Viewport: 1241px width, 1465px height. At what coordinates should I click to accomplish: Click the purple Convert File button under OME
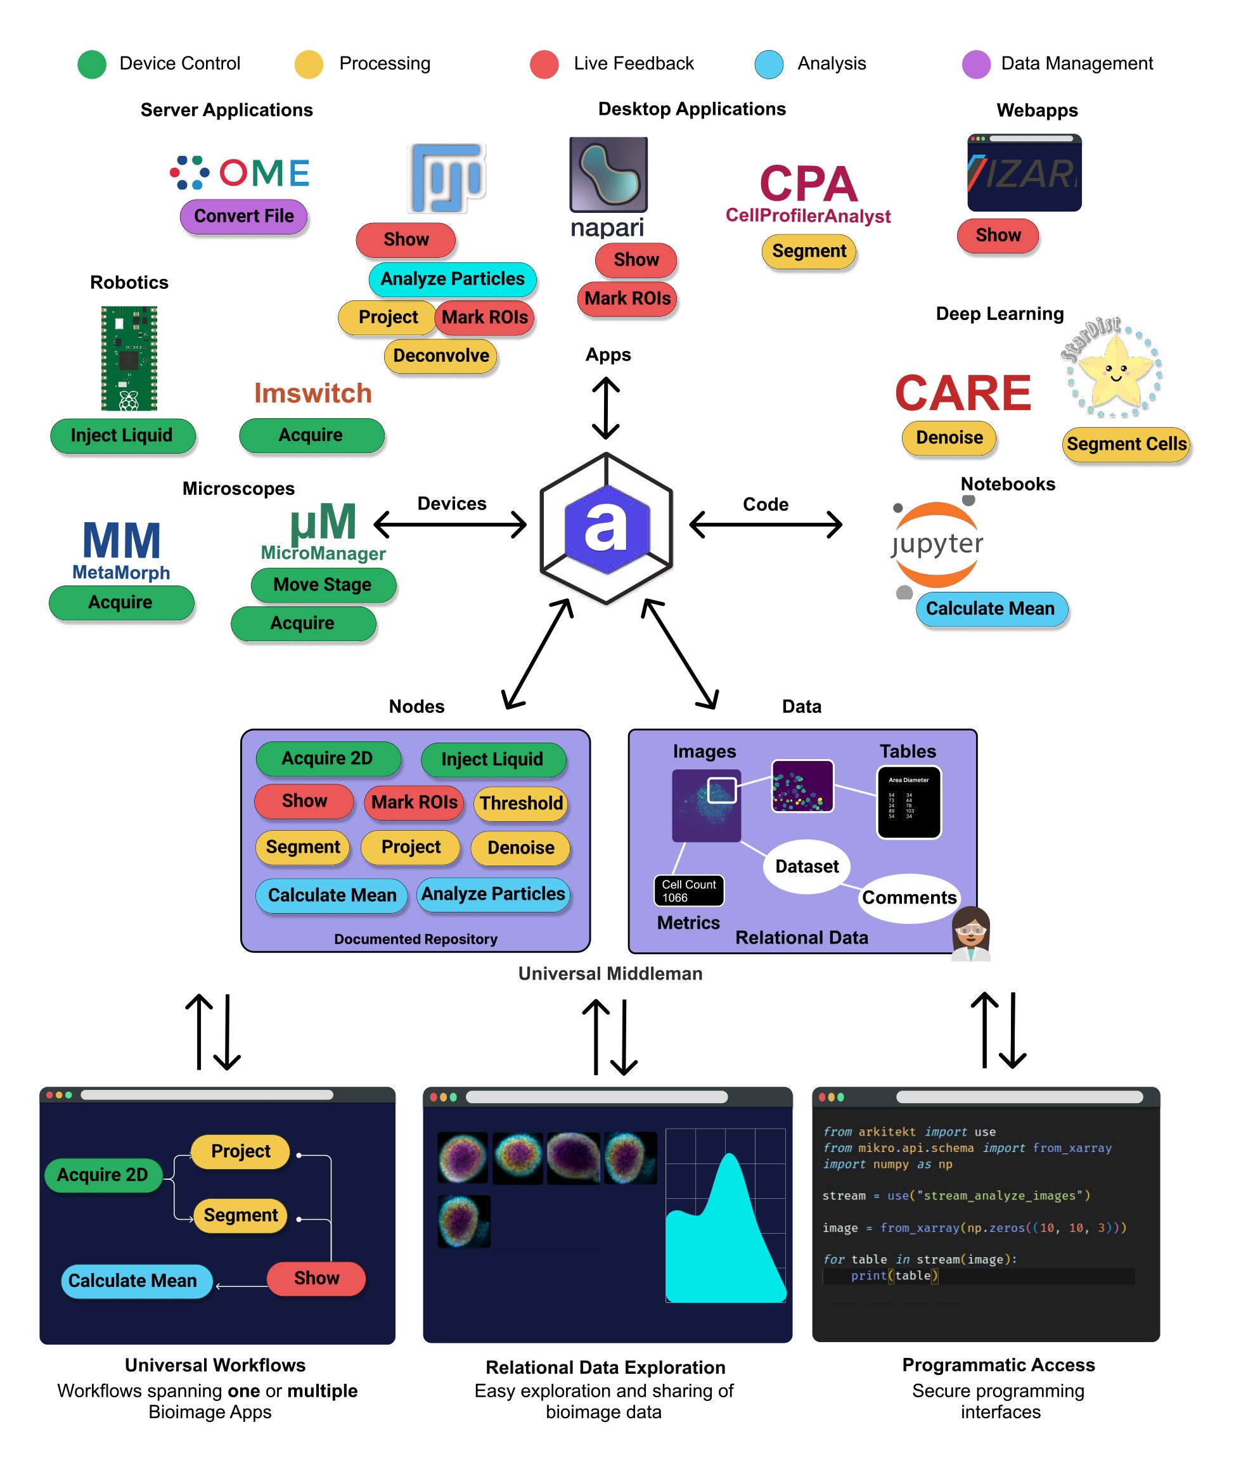(243, 216)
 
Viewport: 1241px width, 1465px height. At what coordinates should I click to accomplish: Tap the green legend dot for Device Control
(91, 64)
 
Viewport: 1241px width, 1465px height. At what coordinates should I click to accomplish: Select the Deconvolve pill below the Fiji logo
(440, 356)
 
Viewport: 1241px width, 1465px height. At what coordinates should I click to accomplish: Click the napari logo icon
(608, 174)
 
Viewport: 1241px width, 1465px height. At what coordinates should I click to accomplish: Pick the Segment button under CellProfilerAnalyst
(808, 251)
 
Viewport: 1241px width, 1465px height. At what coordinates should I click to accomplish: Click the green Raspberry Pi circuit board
(129, 358)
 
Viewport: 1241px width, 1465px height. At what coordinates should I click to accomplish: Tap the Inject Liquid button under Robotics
(122, 435)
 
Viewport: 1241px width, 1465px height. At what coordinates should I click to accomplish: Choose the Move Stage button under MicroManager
(322, 585)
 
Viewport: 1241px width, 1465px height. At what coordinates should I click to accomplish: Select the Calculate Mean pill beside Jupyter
(990, 609)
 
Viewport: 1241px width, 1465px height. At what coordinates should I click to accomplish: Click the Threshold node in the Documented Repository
(520, 804)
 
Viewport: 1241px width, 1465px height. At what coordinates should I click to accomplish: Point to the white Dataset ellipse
(806, 866)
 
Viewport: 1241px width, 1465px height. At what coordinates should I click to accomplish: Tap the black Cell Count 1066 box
(688, 891)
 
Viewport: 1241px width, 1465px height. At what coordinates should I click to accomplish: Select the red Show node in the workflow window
(316, 1278)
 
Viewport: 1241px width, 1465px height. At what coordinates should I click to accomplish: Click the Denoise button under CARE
(948, 438)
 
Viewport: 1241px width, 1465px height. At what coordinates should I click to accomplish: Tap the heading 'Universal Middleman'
(610, 973)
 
